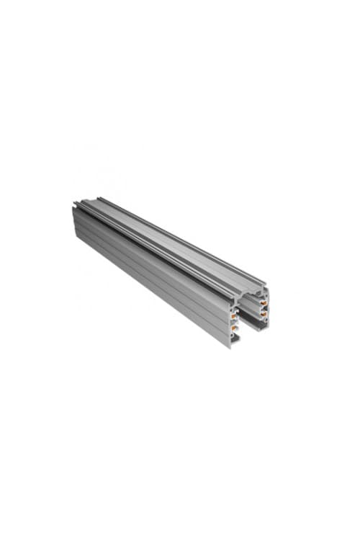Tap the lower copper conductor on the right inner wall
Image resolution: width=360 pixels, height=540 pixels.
pos(264,315)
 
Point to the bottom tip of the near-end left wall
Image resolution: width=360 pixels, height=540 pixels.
pos(232,347)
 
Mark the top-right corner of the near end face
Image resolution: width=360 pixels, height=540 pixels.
pos(269,288)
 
